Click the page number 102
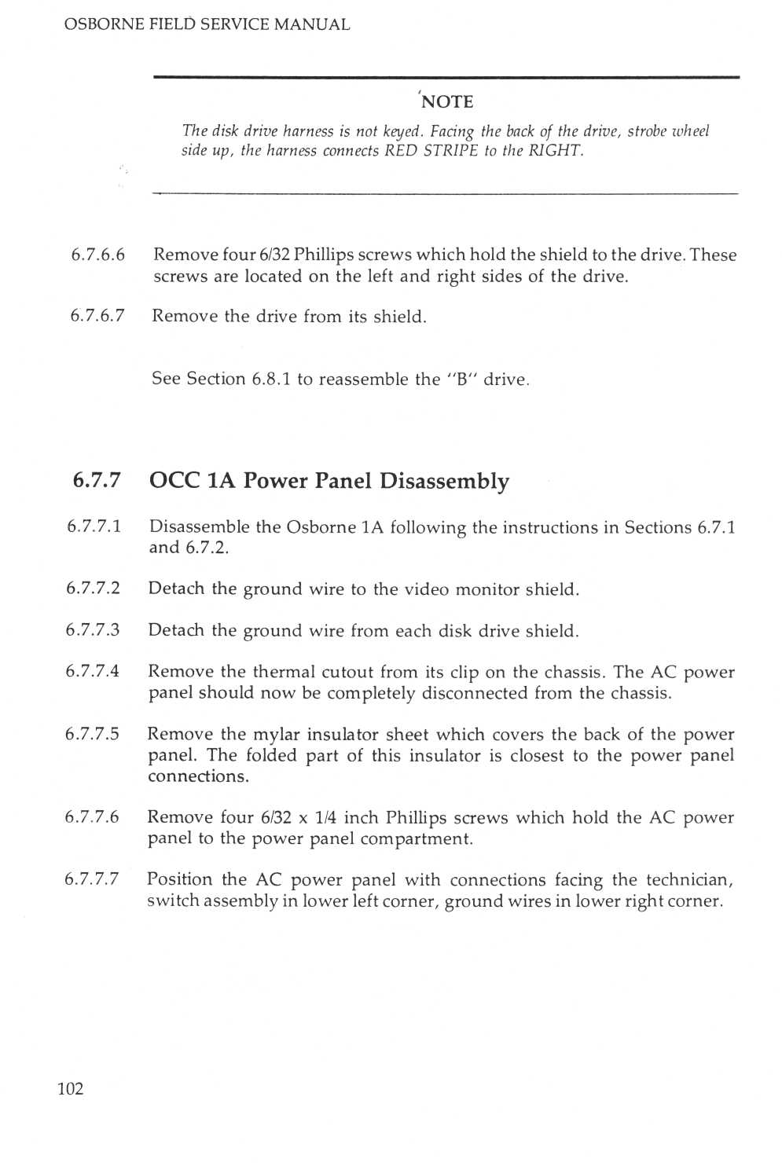70,1089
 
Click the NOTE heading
447,102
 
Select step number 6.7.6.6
97,255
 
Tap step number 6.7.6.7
97,317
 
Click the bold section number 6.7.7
97,481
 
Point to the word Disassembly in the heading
444,481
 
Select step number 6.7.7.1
94,527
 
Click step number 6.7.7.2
94,589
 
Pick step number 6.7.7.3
94,630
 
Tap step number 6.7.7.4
93,672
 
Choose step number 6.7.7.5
92,735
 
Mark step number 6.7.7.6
92,817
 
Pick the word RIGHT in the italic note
555,151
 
